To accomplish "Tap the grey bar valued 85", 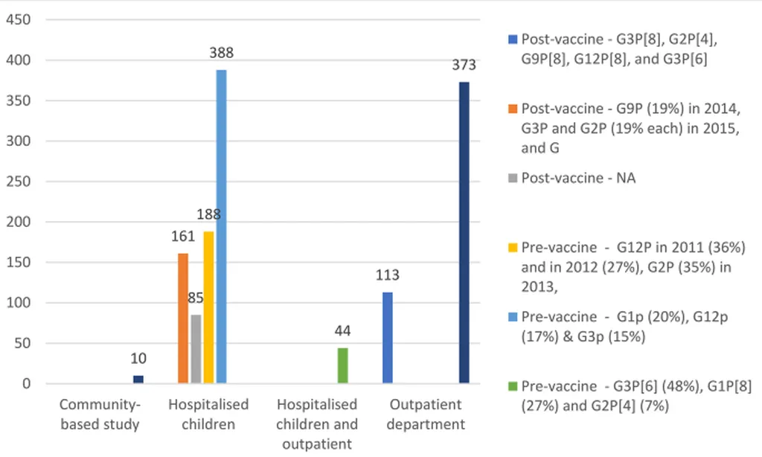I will click(x=196, y=349).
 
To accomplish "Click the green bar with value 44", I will click(x=343, y=365).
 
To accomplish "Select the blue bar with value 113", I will click(x=387, y=338).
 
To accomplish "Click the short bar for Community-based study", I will click(x=138, y=379).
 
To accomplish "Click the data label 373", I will click(x=464, y=65).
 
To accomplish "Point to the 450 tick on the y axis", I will click(x=19, y=19).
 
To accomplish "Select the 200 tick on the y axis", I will click(x=19, y=222).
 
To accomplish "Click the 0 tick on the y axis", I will click(x=27, y=384).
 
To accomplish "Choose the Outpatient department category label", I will click(x=426, y=415).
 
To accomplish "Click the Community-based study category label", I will click(x=100, y=415).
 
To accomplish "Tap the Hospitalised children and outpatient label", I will click(x=317, y=424).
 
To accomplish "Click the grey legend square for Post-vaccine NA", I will click(x=513, y=179).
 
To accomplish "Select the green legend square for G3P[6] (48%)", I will click(x=513, y=386).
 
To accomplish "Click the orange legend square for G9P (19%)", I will click(x=513, y=108).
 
